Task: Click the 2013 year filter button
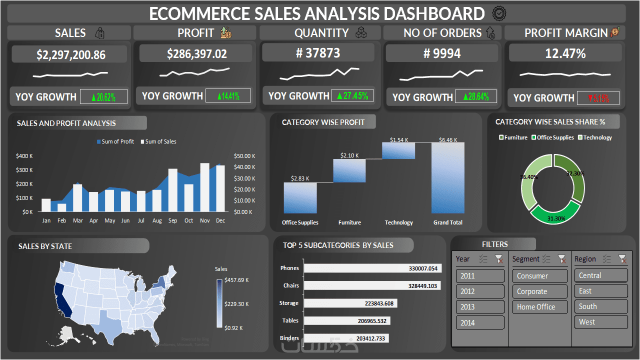(x=480, y=307)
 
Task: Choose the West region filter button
(x=600, y=322)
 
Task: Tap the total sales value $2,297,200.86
(x=70, y=55)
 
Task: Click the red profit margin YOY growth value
(x=598, y=98)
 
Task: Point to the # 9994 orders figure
(x=442, y=53)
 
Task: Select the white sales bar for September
(x=173, y=190)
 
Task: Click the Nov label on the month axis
(x=204, y=220)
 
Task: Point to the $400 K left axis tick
(x=24, y=156)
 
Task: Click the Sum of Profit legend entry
(x=115, y=141)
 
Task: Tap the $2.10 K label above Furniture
(x=349, y=155)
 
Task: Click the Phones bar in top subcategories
(x=372, y=268)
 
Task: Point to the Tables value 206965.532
(x=370, y=321)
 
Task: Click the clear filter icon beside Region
(x=622, y=259)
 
